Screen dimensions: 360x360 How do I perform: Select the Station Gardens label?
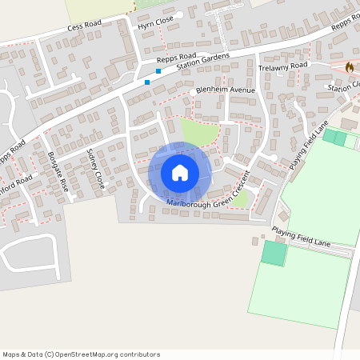point(202,61)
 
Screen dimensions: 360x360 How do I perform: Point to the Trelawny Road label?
point(283,67)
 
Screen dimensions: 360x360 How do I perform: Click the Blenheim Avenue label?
point(225,90)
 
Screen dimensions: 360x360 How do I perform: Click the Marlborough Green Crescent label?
point(210,194)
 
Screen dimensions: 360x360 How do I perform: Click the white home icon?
point(180,173)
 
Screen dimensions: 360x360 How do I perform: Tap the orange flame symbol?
point(349,67)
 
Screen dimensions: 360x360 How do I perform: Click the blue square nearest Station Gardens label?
point(158,71)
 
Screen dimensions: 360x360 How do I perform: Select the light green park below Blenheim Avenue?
point(198,132)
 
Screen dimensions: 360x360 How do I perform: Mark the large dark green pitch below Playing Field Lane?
point(274,254)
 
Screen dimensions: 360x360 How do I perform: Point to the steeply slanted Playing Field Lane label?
point(311,146)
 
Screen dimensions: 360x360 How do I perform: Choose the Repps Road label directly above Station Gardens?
point(177,58)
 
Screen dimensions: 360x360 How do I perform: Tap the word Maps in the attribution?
point(12,354)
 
